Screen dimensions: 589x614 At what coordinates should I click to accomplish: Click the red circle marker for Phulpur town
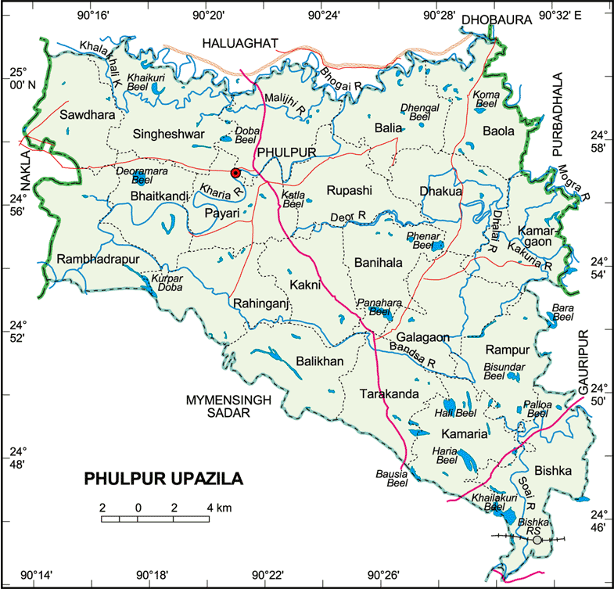[x=235, y=173]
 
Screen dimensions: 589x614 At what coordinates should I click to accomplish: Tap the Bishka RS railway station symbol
[x=537, y=539]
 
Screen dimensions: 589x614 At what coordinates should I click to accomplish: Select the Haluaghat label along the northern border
[x=241, y=43]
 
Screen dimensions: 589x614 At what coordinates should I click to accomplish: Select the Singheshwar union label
[x=168, y=134]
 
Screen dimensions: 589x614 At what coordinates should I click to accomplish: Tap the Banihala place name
[x=378, y=263]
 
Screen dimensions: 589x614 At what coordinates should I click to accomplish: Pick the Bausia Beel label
[x=393, y=477]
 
